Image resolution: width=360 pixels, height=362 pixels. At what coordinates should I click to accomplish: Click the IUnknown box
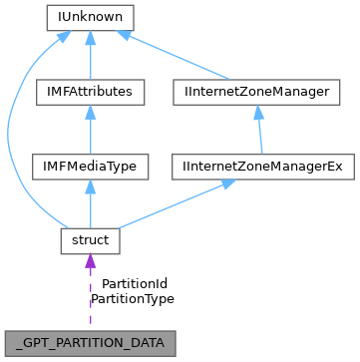point(91,18)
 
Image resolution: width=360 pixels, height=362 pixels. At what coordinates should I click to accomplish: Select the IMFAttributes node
point(91,93)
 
